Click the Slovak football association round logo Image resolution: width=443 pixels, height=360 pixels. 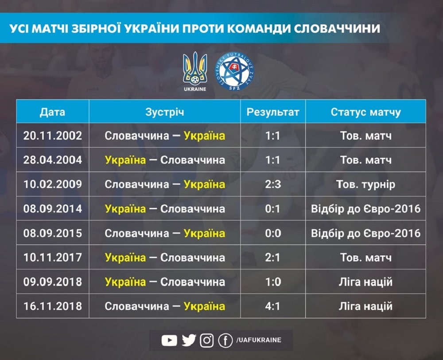point(234,71)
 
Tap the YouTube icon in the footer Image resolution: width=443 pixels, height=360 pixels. point(169,340)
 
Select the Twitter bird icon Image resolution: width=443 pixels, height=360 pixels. point(189,340)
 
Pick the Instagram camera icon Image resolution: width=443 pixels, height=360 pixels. point(207,340)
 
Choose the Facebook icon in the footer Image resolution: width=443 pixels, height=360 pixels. point(225,340)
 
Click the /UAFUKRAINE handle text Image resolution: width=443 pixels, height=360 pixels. point(259,340)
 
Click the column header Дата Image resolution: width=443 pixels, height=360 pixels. point(53,112)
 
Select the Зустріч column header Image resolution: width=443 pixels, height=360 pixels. point(165,112)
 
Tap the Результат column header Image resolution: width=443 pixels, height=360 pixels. point(272,112)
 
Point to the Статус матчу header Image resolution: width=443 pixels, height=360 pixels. point(365,112)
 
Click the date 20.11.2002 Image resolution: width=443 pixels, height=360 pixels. point(53,136)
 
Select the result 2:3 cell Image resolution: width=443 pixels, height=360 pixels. point(272,184)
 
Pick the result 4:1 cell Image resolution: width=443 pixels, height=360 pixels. point(272,306)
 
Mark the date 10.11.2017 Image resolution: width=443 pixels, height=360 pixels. point(53,257)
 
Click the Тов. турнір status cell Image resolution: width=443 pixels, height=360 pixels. point(365,184)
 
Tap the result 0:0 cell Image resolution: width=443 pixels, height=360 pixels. point(273,233)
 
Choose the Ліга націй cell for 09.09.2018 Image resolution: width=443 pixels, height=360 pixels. point(365,282)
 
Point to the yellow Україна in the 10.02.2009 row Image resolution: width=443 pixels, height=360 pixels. point(205,184)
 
